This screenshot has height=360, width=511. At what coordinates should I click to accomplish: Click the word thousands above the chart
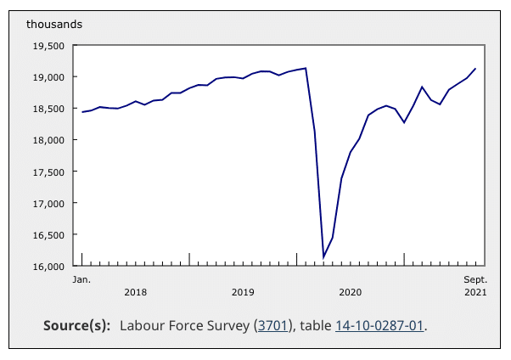(x=55, y=24)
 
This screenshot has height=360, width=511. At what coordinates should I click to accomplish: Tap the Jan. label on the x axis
(x=81, y=278)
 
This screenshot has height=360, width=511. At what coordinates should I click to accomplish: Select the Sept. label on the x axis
(x=475, y=278)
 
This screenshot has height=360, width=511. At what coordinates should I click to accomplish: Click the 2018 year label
(x=135, y=293)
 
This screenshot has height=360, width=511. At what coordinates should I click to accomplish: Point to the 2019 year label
(x=243, y=293)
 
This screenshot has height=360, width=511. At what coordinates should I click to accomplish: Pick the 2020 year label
(x=350, y=293)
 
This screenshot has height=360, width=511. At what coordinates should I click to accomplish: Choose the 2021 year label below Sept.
(x=475, y=293)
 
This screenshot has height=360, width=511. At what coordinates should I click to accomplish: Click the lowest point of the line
(x=323, y=257)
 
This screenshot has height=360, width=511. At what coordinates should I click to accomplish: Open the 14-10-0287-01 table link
(x=379, y=325)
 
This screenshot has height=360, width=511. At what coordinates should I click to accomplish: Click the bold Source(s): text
(x=77, y=325)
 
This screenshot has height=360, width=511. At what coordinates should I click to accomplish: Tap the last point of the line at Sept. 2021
(x=475, y=69)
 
